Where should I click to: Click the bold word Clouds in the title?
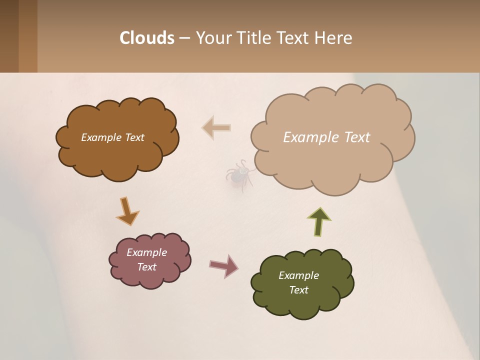(146, 37)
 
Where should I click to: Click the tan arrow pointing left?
(216, 127)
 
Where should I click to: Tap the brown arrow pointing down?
(127, 211)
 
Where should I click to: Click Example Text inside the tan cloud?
(326, 137)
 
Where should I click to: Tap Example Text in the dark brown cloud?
(112, 137)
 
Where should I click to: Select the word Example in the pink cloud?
(146, 252)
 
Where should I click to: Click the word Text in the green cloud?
(298, 290)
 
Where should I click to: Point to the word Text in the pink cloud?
(146, 267)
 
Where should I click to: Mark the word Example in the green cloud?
(298, 275)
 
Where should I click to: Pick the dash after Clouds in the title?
(184, 38)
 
